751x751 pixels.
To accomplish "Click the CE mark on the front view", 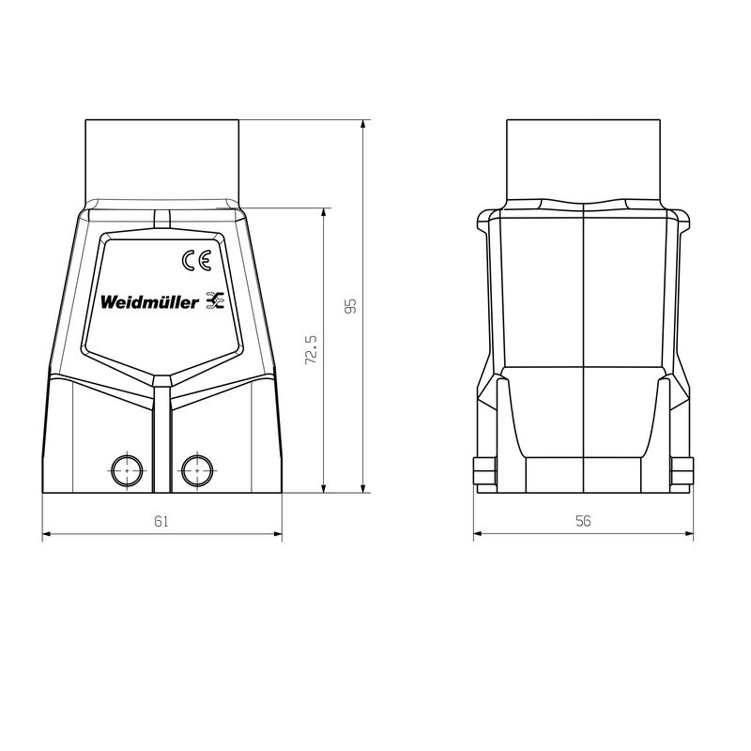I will point(197,261).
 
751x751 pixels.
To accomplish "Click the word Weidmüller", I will point(149,302).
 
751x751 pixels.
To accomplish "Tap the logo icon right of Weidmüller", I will point(215,301).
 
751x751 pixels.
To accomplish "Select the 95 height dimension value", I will point(350,307).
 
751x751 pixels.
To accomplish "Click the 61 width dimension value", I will point(161,522).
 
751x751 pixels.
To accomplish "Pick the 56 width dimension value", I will point(583,522).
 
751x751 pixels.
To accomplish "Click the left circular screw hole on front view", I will point(126,467).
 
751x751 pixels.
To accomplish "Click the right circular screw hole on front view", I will point(197,467).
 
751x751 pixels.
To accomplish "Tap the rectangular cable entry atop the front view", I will point(161,160).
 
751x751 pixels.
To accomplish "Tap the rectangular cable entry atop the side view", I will point(583,160).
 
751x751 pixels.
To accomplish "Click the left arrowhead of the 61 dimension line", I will point(47,535).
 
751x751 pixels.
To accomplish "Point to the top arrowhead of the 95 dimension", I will point(363,125).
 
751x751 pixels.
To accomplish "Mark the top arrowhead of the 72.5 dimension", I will point(324,212).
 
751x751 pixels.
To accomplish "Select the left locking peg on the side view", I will point(480,467).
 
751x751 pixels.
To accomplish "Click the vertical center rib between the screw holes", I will point(161,441).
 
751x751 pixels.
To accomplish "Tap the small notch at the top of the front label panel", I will point(161,219).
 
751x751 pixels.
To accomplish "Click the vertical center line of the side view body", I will point(583,347).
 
